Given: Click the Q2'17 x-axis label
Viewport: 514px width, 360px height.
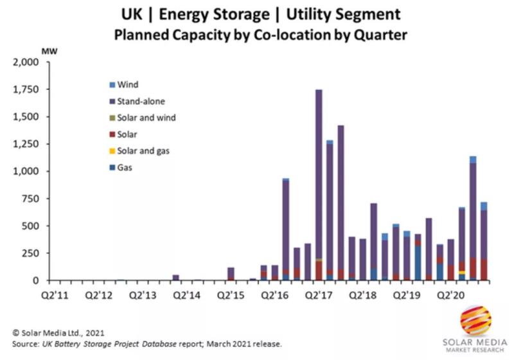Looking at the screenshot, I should [x=320, y=296].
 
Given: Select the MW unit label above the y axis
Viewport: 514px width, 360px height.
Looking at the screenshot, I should [x=49, y=51].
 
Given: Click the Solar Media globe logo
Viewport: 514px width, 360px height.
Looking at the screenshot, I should [x=475, y=320].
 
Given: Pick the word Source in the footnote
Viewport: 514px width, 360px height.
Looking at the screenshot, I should [x=26, y=344].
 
